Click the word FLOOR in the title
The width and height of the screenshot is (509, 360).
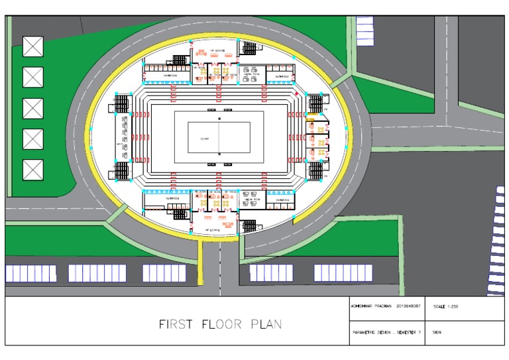point(219,324)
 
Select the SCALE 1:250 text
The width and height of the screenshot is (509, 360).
point(445,307)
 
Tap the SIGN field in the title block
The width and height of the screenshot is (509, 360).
point(437,331)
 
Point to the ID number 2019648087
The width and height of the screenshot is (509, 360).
point(408,306)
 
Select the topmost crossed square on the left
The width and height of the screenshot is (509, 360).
point(32,46)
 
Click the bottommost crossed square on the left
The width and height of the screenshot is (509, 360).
point(32,170)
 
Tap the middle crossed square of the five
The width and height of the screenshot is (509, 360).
point(32,108)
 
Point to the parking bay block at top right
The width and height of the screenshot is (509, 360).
point(365,30)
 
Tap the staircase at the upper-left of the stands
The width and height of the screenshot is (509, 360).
point(123,104)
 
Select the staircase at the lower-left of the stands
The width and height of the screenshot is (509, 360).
point(123,171)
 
